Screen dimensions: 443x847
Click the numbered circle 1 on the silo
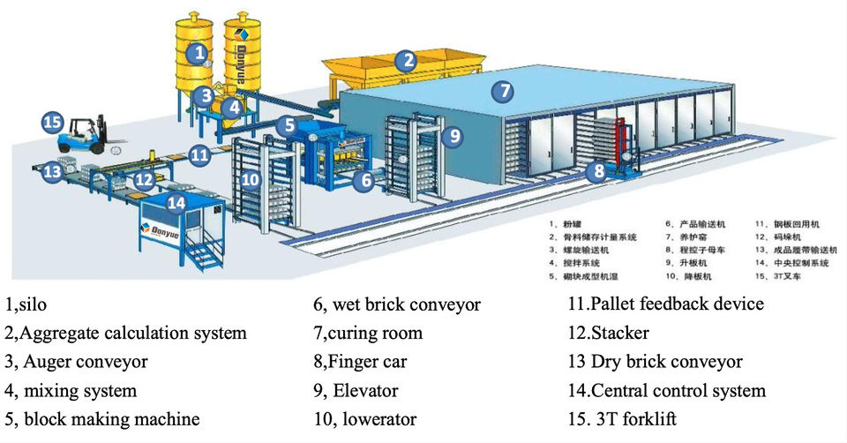(199, 53)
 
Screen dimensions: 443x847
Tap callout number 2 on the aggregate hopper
(405, 60)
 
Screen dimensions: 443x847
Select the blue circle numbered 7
(502, 91)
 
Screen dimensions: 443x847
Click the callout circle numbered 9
(452, 135)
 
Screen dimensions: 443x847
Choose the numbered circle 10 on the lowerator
(251, 179)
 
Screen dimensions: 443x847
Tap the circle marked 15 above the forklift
(52, 122)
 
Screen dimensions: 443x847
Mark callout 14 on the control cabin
(177, 201)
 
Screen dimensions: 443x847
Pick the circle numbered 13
(52, 172)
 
